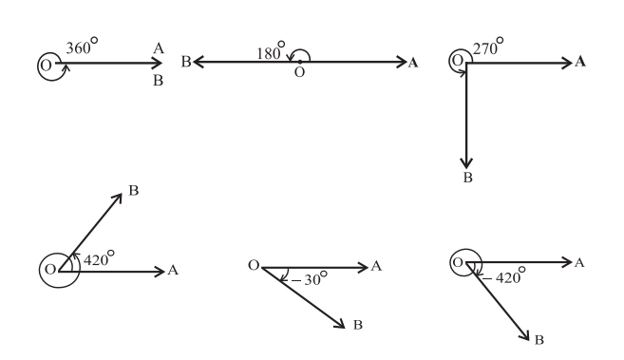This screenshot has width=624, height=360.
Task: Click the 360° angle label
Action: point(82,47)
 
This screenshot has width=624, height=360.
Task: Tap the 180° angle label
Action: point(271,51)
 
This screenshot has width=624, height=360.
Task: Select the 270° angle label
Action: point(488,47)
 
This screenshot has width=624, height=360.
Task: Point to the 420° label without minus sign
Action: point(99,258)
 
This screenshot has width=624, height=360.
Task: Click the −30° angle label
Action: point(310,278)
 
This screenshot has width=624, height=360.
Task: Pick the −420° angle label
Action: point(503,275)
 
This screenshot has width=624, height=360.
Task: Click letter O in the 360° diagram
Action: point(47,66)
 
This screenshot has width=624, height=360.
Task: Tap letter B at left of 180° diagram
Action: point(186,62)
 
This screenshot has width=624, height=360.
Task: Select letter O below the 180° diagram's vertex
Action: point(299,72)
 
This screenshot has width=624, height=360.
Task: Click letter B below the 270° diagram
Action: point(468,178)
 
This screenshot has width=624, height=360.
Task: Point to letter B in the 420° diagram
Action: point(134,191)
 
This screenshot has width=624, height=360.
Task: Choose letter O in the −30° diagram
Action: point(254,265)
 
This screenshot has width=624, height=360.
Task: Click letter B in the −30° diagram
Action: point(358,325)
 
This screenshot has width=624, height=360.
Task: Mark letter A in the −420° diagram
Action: point(579,262)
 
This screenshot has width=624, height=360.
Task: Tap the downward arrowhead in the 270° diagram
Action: point(466,162)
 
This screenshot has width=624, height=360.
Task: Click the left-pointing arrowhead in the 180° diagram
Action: point(199,62)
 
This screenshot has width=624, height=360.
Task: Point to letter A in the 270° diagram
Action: point(580,62)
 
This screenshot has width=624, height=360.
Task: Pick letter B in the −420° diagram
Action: point(539,340)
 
